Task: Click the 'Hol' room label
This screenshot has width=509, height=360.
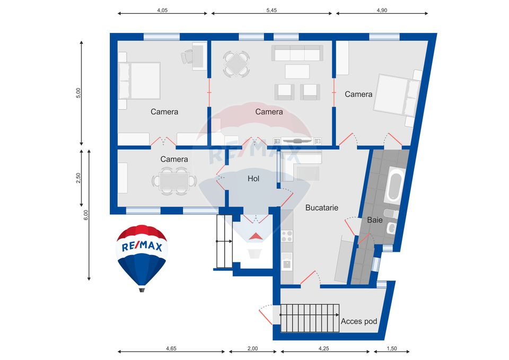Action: pos(253,179)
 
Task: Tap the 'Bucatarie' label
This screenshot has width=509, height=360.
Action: pos(321,208)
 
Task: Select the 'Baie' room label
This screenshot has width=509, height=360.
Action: pos(375,219)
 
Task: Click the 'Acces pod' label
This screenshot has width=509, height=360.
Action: pos(359,322)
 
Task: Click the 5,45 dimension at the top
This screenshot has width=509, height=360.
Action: pos(271,10)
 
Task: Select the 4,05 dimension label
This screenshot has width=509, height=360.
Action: pos(163,10)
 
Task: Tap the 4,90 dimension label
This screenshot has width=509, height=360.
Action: pos(382,10)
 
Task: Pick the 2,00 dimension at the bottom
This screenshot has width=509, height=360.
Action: pos(252,348)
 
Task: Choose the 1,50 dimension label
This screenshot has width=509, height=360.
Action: pos(391,348)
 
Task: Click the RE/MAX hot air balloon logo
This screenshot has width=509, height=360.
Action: pos(142,254)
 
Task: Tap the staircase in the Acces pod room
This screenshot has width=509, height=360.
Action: pos(310,318)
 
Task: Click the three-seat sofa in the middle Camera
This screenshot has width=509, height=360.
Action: pos(297,53)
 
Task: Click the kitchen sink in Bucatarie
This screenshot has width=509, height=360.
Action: pos(287,262)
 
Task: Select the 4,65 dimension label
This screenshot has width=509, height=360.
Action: pos(171,348)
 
